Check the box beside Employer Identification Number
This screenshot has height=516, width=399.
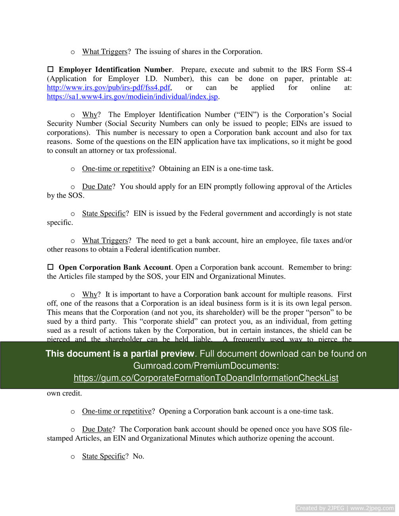(x=50, y=69)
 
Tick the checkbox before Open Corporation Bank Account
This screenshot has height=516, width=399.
(x=50, y=267)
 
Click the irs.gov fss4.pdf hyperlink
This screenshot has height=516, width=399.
(x=109, y=88)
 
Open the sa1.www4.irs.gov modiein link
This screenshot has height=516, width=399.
(x=133, y=97)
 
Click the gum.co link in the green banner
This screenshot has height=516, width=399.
(x=206, y=378)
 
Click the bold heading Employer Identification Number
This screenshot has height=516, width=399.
(x=115, y=69)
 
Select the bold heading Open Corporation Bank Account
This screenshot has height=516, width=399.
(x=115, y=267)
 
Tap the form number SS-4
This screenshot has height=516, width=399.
(x=343, y=69)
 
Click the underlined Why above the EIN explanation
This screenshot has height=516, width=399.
(x=89, y=115)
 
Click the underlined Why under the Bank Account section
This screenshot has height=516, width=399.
(x=89, y=294)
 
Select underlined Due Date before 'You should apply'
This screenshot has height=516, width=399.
(x=97, y=186)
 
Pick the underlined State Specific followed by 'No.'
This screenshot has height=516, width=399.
(x=104, y=456)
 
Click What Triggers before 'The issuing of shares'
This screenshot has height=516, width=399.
(x=104, y=52)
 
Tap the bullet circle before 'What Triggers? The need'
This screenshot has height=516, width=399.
(x=73, y=241)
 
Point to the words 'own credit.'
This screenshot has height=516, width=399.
(x=64, y=393)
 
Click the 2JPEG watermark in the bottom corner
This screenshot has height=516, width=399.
(x=345, y=508)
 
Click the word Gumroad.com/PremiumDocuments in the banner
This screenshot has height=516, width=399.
(x=204, y=366)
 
